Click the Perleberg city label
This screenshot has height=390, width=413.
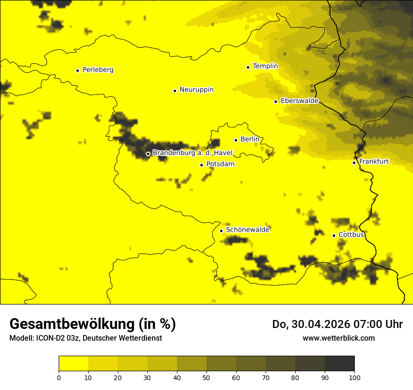pos(98,70)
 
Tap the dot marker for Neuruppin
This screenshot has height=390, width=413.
pos(175,91)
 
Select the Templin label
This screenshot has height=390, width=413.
pos(265,66)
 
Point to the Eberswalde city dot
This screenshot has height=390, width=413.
pos(276,101)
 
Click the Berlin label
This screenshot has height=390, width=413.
pos(250,140)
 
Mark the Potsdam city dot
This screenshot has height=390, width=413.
pos(202,165)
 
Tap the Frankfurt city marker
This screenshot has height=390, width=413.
pos(354,163)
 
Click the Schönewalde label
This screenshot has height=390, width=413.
pos(247,230)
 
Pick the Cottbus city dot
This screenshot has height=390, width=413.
pos(334,235)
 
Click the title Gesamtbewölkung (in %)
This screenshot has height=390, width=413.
pos(92,324)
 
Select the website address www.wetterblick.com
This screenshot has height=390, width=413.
pos(338,338)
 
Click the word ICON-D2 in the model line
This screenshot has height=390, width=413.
pos(50,338)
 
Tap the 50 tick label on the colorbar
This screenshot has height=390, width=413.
pos(206,377)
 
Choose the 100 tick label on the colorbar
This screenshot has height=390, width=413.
pos(354,377)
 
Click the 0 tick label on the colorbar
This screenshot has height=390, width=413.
pos(59,377)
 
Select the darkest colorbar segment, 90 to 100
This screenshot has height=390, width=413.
pos(339,364)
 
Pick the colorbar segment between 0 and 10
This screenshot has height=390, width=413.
pos(74,364)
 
